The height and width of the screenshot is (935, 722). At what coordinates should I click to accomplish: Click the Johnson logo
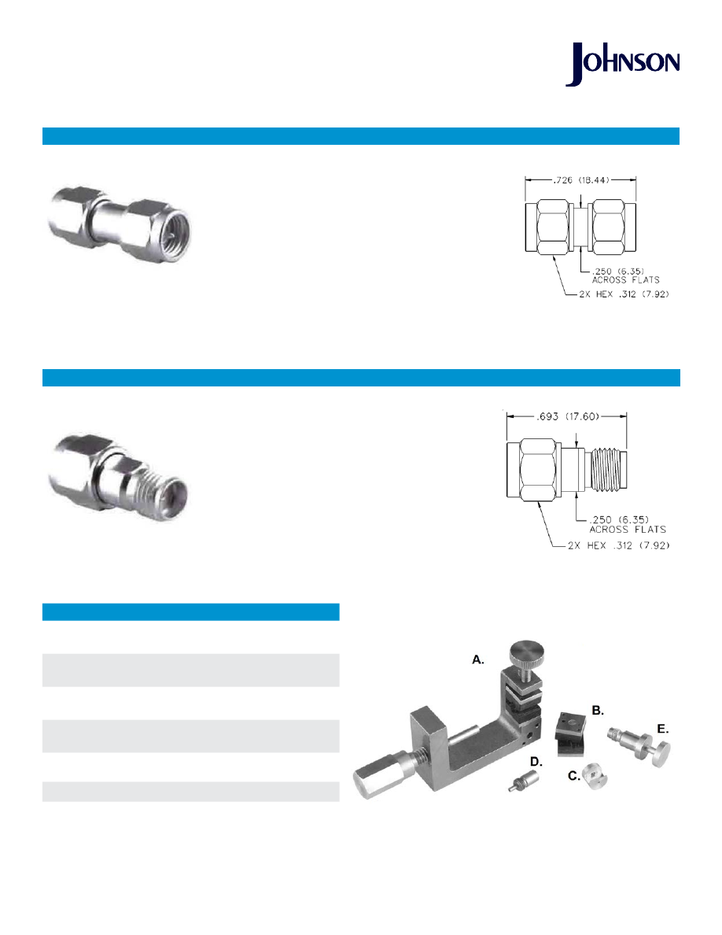click(623, 64)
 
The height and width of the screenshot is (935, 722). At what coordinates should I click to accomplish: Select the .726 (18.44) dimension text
click(580, 179)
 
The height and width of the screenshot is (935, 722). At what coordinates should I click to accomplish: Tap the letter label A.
click(477, 660)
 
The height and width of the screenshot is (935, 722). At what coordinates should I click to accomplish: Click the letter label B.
click(598, 710)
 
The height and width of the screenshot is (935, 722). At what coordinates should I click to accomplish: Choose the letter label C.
click(573, 776)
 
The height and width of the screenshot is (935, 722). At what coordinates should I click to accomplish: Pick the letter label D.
click(536, 762)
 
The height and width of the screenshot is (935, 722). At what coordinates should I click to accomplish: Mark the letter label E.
click(662, 729)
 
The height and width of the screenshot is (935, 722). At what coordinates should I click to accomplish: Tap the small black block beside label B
click(570, 734)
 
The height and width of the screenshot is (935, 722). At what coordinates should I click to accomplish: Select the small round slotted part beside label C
click(595, 776)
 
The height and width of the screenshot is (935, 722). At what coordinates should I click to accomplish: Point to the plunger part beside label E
click(639, 745)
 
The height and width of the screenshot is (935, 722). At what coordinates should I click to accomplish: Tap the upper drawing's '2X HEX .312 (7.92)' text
click(624, 294)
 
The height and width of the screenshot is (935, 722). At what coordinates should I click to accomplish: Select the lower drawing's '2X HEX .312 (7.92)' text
click(619, 545)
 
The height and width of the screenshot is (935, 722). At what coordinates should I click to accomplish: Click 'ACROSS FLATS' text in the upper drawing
click(625, 279)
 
